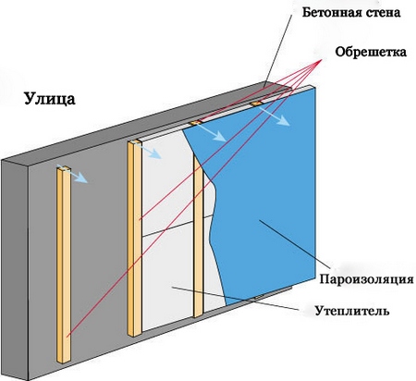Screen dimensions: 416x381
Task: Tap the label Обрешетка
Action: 371,52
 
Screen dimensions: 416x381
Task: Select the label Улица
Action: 50,99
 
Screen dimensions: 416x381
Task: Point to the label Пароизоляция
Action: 366,279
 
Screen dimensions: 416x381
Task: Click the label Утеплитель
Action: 352,311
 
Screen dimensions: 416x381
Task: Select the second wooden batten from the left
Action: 135,238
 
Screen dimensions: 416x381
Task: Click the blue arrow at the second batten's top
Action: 149,151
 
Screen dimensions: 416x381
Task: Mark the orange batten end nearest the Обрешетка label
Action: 256,104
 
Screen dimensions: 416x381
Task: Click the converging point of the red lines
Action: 322,59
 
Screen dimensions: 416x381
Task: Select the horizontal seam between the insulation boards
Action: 178,226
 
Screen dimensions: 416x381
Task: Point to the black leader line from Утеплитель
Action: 235,298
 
